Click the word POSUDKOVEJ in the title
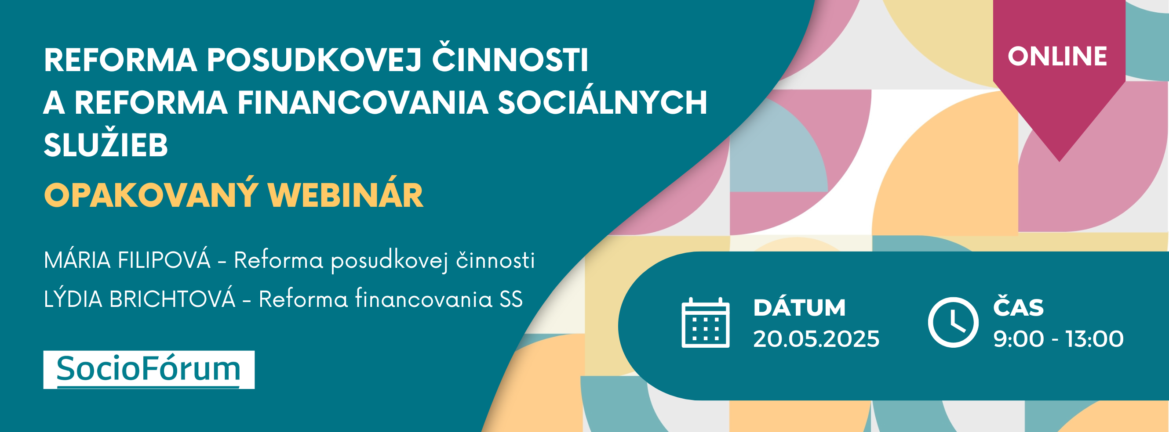coord(315,60)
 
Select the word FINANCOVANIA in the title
coord(363,103)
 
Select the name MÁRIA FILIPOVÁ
coord(127,259)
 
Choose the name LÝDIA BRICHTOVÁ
coord(139,298)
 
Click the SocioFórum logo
coord(149,370)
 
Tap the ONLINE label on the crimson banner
coord(1057,56)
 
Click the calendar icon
coord(705,323)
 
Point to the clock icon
coord(953,322)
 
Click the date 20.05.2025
coord(816,338)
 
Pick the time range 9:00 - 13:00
coord(1058,338)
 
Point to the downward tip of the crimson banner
coord(1060,161)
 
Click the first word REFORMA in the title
coord(120,60)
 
